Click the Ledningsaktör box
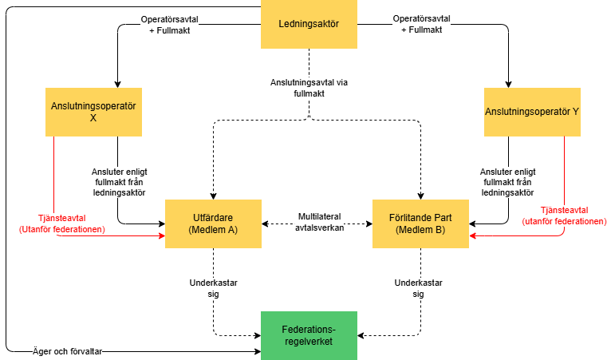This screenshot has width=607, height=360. point(309,24)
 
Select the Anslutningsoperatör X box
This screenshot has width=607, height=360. point(93,112)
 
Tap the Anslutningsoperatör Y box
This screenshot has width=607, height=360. point(532,112)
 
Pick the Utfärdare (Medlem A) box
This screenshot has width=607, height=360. point(213,224)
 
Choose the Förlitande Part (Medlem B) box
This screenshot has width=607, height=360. point(421,224)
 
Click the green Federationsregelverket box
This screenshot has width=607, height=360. point(309,335)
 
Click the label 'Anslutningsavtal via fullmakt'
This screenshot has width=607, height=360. point(309,86)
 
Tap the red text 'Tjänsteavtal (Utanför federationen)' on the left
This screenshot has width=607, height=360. point(53,224)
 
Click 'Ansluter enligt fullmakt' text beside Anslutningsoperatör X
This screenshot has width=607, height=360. point(120,181)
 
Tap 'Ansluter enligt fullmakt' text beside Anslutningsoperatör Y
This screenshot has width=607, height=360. point(507,181)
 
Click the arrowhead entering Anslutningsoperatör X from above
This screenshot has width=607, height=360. point(118,84)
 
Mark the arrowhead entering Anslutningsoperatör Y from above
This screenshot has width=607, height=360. point(508,84)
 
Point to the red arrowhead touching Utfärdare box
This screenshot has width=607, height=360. point(161,237)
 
